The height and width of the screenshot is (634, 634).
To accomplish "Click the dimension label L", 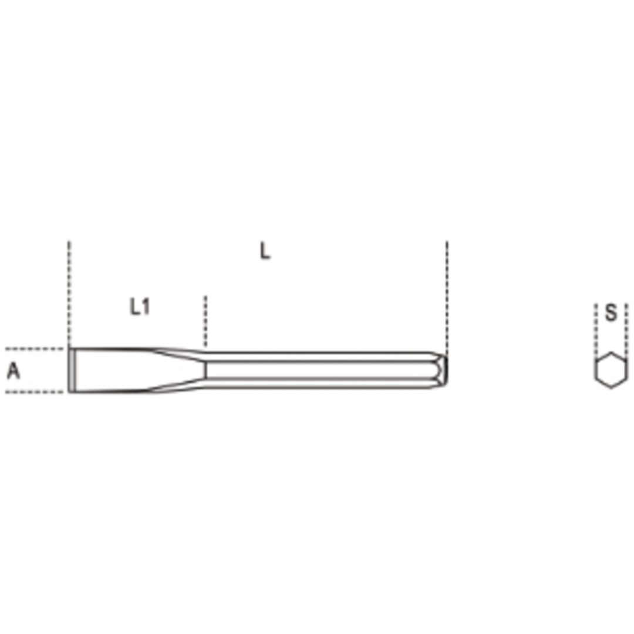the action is pos(264,251).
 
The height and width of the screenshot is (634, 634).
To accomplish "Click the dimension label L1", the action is pos(140,306).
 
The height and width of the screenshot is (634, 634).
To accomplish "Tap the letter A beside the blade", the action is pos(14,370).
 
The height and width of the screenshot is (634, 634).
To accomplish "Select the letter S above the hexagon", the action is pos(611,312).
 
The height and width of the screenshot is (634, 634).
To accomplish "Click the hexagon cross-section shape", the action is pos(611,370).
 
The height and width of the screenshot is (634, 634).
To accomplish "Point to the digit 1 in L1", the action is pos(146,306).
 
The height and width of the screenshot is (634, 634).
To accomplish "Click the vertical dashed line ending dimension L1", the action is pos(205,321).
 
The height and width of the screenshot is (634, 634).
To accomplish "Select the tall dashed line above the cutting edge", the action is pos(69,294).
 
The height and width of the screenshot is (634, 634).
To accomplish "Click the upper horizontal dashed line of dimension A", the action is pos(35,348).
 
